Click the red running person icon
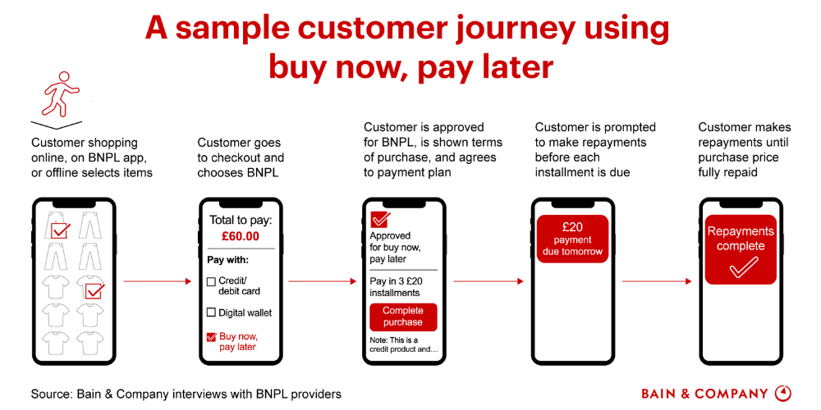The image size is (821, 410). [x=61, y=94]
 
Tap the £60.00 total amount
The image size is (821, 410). [x=241, y=236]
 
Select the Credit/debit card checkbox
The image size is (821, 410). [x=211, y=281]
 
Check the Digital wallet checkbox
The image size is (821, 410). [x=211, y=312]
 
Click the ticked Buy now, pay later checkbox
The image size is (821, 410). [x=211, y=337]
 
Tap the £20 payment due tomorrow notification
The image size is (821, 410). [x=572, y=239]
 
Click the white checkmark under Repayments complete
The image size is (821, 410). [x=740, y=266]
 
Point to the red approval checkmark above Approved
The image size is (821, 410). [x=380, y=220]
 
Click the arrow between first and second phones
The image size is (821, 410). [x=158, y=281]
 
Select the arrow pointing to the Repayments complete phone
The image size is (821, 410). [x=657, y=281]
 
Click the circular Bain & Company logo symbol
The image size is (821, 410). [x=783, y=394]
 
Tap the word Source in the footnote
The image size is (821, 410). [x=50, y=394]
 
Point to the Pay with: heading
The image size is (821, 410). [x=227, y=260]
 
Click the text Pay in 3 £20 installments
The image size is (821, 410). [x=395, y=286]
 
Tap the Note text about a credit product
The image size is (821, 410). [x=403, y=344]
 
